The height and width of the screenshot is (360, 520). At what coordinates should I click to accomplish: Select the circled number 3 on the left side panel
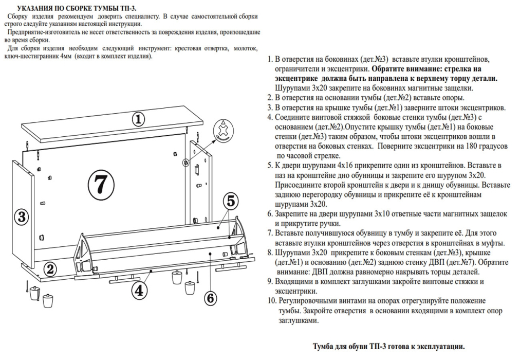point(21,217)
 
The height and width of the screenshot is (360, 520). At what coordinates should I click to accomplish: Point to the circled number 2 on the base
point(50,269)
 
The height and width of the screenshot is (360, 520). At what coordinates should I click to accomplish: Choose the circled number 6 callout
point(211,297)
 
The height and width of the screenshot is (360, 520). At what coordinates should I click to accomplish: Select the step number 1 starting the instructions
point(270,59)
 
